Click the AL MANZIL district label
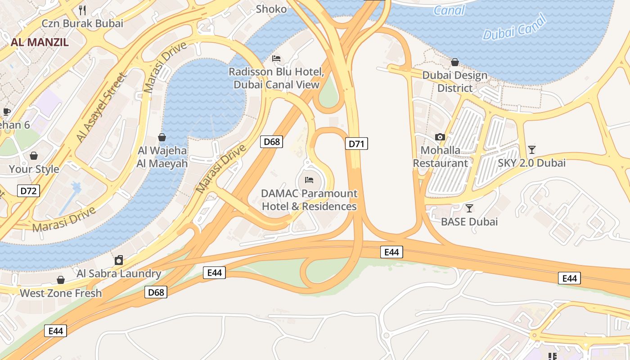(40, 42)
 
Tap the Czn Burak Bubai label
(82, 23)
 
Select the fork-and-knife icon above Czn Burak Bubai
(82, 10)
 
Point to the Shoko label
(271, 9)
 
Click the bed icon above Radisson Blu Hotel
(276, 58)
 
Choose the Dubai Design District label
(454, 81)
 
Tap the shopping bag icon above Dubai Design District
(455, 62)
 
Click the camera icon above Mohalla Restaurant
(440, 137)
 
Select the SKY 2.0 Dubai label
(531, 163)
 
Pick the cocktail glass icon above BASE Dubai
(469, 208)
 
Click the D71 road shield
(356, 144)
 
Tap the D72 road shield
(28, 191)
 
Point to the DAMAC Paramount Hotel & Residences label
(309, 200)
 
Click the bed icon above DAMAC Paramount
(309, 180)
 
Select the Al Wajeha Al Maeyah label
(162, 157)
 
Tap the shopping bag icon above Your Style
(34, 156)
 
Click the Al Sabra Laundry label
(119, 273)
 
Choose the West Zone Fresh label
(61, 293)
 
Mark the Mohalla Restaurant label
(441, 157)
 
